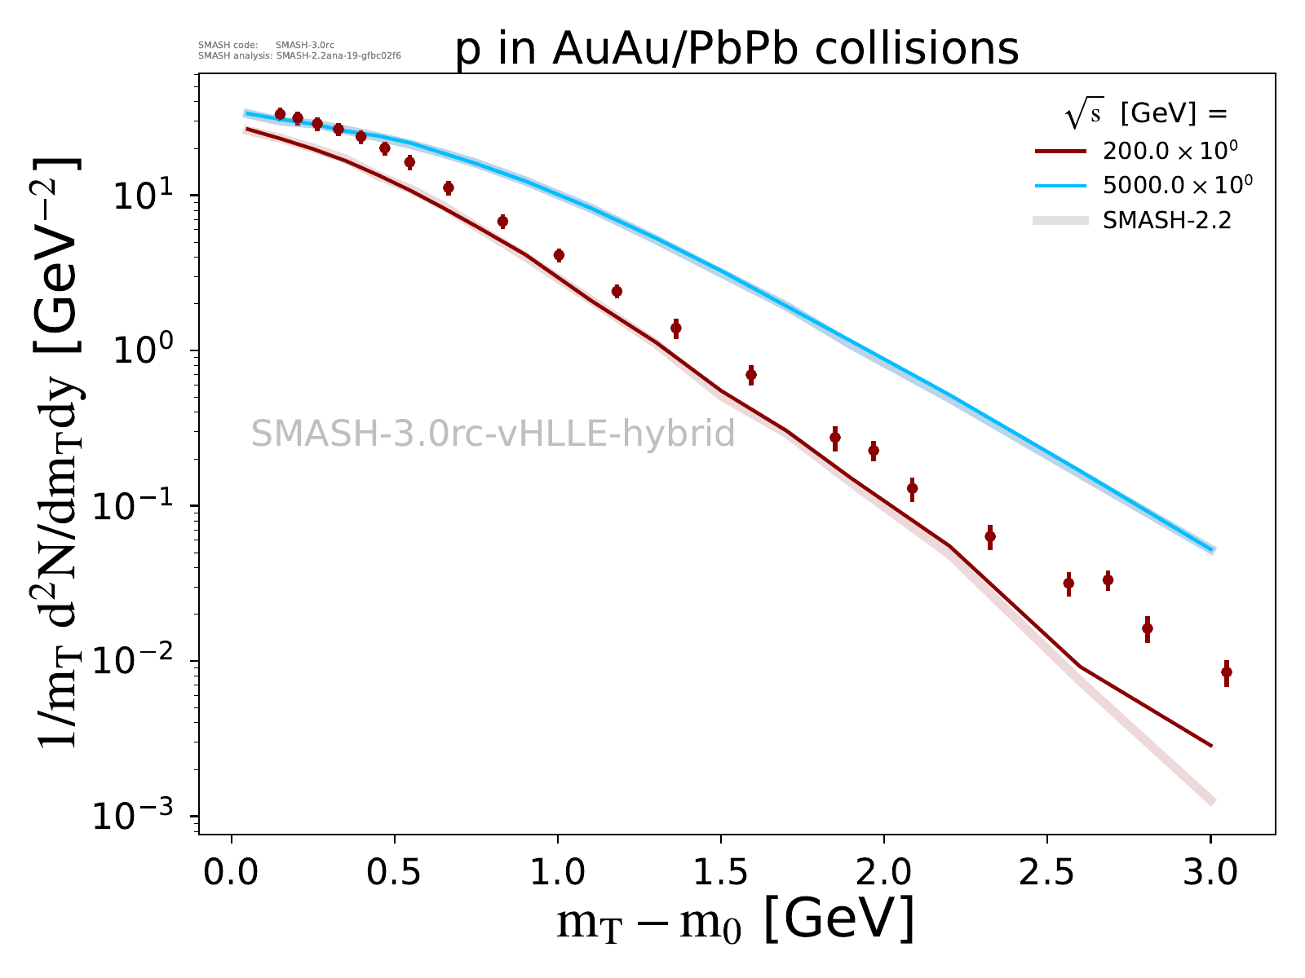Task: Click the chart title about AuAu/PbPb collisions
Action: click(737, 49)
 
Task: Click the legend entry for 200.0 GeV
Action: click(1141, 151)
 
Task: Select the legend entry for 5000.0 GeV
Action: click(1141, 185)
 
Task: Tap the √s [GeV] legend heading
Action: click(1145, 115)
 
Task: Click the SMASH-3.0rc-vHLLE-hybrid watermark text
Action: click(493, 434)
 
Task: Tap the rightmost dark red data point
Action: click(1226, 672)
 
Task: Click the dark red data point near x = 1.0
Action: click(559, 255)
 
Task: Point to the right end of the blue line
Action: click(1212, 550)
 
